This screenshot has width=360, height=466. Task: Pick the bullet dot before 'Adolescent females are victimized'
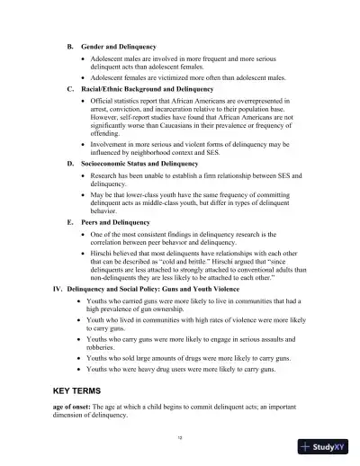point(82,78)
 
